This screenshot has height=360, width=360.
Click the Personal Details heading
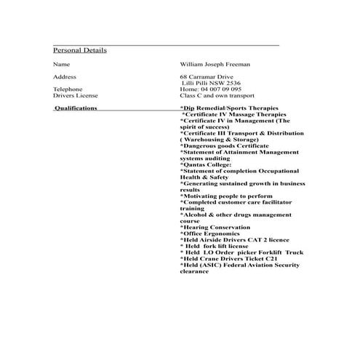(x=80, y=51)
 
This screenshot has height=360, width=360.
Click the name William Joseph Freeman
(x=215, y=65)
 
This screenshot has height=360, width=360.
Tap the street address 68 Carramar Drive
(x=207, y=76)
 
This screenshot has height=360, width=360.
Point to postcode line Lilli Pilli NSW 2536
(x=211, y=83)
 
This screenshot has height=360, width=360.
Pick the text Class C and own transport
(x=217, y=95)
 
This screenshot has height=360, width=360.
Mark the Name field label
(x=61, y=65)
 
